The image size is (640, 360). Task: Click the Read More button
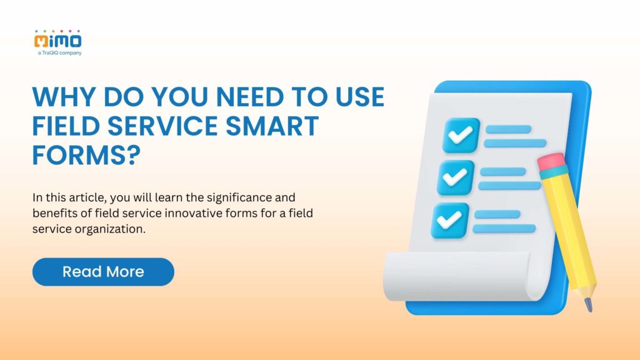tap(103, 272)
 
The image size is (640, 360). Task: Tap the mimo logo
tap(58, 41)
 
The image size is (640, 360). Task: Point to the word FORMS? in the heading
tap(84, 154)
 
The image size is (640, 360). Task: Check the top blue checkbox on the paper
tap(461, 135)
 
